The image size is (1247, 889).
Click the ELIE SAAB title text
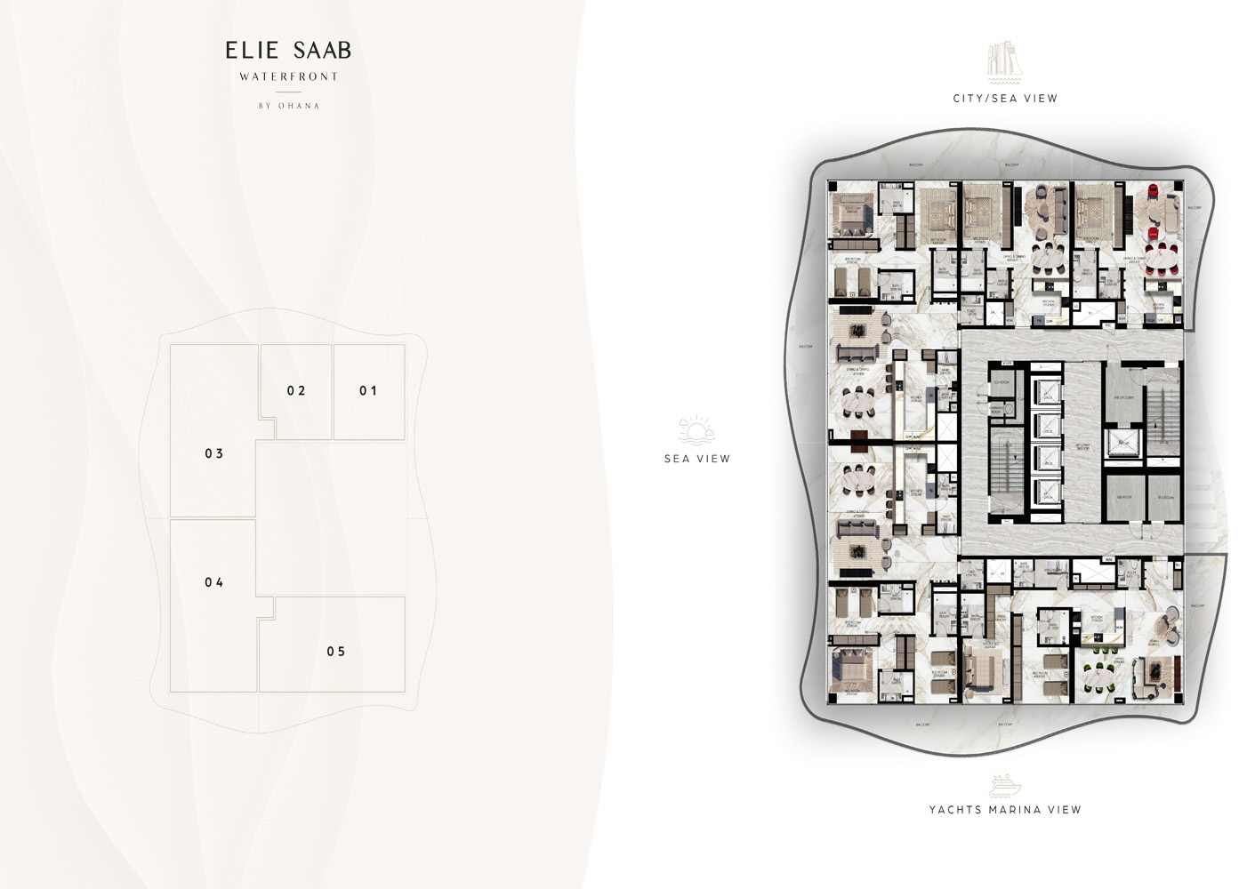point(288,51)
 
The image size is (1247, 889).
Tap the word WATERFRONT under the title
point(288,76)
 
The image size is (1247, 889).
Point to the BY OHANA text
point(288,106)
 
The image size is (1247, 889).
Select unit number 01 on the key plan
point(368,390)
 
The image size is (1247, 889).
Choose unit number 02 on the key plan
point(296,390)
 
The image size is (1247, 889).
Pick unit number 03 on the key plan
point(214,453)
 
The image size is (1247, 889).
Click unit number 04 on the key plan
point(214,582)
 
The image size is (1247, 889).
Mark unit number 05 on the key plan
point(336,652)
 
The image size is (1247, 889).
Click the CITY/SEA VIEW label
point(1005,99)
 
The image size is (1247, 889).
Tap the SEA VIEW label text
point(697,459)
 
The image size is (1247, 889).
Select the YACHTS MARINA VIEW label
point(1005,810)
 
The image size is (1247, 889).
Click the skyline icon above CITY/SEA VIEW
point(1004,60)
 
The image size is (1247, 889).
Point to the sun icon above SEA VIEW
point(696,430)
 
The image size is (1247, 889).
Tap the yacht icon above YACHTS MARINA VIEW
point(1004,785)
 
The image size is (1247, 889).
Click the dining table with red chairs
point(1159,260)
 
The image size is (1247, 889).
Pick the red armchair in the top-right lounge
point(1154,192)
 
